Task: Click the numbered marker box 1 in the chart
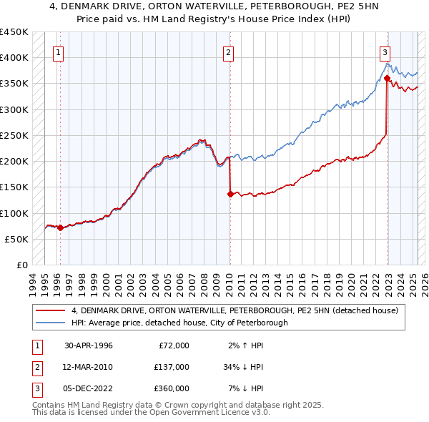point(57,51)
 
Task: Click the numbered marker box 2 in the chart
point(227,51)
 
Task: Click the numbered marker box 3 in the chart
point(385,51)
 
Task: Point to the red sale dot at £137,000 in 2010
point(230,193)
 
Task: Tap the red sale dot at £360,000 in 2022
point(387,78)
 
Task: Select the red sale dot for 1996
point(60,227)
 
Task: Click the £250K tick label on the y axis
point(14,135)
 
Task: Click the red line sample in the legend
point(49,310)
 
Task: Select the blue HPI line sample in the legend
point(49,323)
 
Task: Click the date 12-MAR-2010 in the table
point(89,367)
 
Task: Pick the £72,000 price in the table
point(172,345)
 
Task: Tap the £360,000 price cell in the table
point(172,388)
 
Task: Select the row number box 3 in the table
point(35,388)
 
